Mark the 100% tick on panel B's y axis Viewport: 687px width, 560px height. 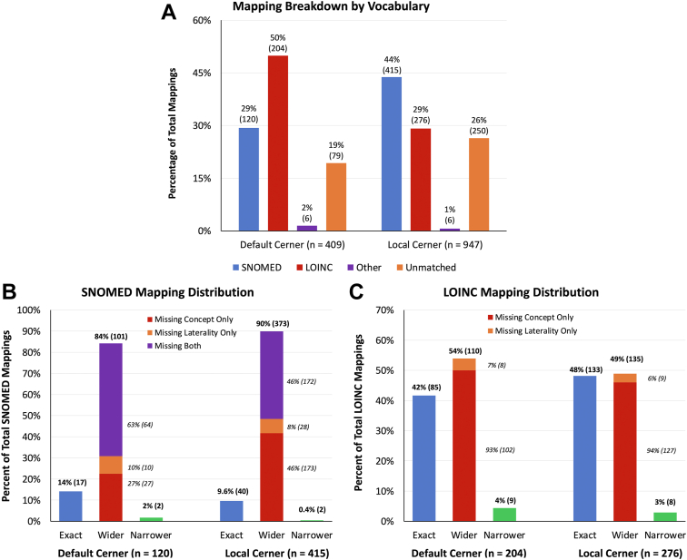(27, 310)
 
